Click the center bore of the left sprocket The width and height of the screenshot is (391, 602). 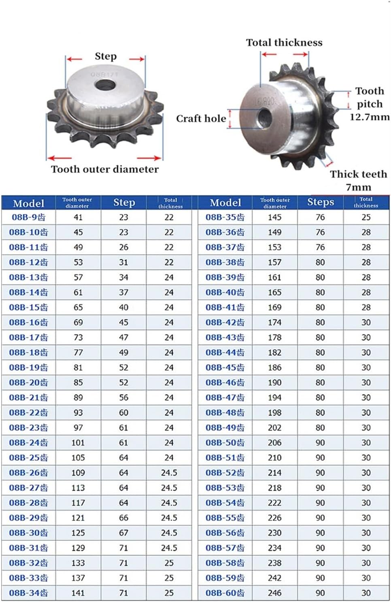tap(104, 86)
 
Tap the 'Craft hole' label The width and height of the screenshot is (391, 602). tap(201, 119)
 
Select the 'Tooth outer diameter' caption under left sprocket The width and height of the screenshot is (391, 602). tap(105, 169)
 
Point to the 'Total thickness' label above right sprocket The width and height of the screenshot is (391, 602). tap(284, 43)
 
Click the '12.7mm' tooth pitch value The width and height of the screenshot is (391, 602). tap(369, 117)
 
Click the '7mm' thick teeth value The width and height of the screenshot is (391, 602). tap(358, 187)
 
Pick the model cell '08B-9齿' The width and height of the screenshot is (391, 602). tap(28, 217)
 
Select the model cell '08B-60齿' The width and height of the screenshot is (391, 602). tap(225, 593)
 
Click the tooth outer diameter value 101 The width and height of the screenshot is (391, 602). tap(78, 443)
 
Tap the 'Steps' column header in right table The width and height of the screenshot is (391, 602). tap(321, 202)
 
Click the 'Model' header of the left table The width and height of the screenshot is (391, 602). tap(28, 203)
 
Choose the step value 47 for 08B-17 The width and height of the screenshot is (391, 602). tap(123, 337)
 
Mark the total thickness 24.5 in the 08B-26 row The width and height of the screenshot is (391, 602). tap(169, 473)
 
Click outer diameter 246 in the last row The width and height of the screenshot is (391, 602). tap(274, 593)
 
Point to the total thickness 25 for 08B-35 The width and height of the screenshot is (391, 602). tap(366, 217)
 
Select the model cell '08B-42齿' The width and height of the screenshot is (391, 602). tap(225, 322)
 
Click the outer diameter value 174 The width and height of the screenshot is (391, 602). tap(274, 322)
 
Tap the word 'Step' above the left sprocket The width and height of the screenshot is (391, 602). tap(106, 56)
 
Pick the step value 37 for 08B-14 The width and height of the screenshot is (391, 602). tap(123, 292)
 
